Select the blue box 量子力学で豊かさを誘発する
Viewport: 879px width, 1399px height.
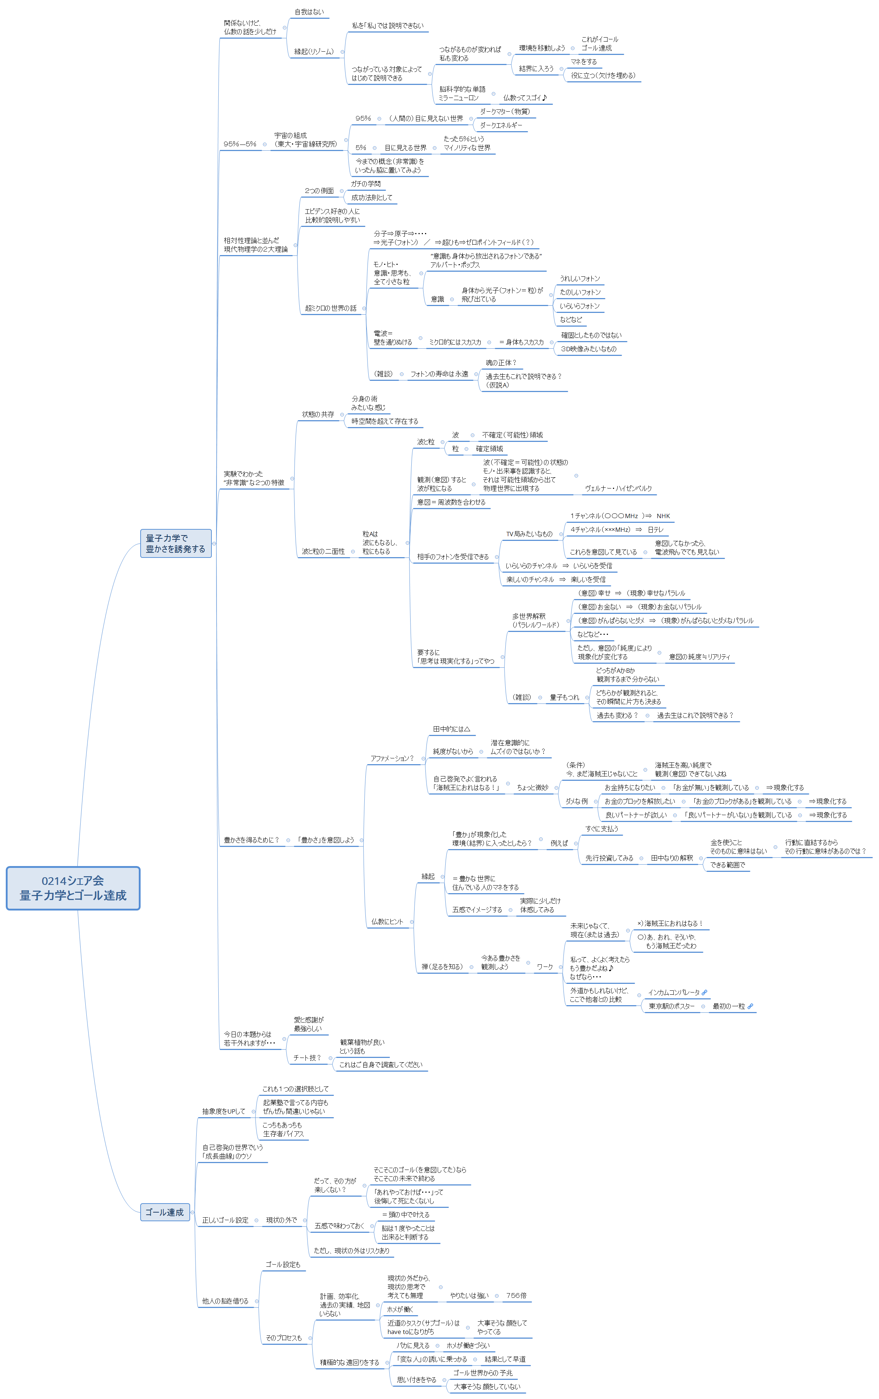click(176, 543)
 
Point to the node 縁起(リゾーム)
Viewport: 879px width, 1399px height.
click(314, 52)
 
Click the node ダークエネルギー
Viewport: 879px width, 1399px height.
click(501, 125)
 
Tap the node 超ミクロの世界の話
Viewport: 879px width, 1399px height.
click(331, 309)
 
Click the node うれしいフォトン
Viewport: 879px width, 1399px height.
click(580, 279)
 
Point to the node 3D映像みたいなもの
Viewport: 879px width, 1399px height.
click(588, 349)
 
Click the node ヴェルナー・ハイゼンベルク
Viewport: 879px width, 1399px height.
click(618, 488)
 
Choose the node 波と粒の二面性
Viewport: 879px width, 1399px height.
click(323, 551)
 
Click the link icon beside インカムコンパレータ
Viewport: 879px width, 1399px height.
click(704, 992)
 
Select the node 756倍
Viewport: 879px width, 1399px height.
click(516, 1296)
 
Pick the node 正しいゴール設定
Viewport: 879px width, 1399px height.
click(225, 1220)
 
